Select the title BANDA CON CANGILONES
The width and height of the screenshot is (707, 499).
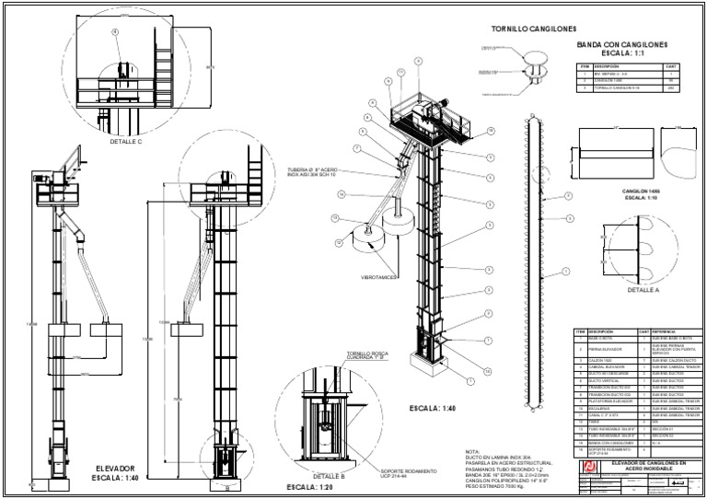tap(621, 44)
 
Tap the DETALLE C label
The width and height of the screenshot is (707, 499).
tap(124, 141)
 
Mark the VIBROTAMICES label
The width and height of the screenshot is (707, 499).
tap(377, 275)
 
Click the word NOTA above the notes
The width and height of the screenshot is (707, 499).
tap(474, 443)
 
